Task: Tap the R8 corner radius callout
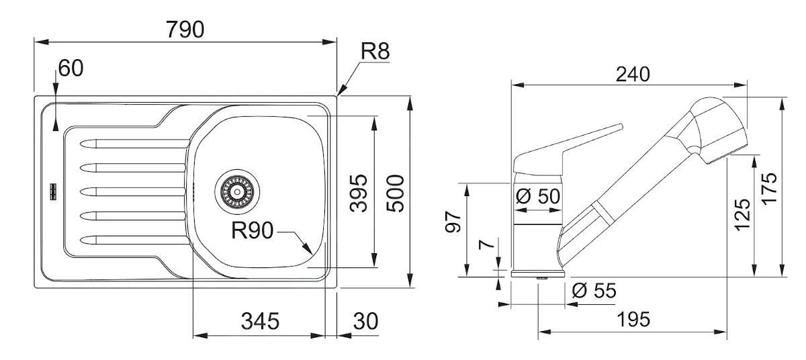tap(375, 52)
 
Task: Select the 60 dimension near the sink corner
tap(71, 68)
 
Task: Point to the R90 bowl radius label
tap(252, 231)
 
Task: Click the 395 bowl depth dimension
tap(359, 193)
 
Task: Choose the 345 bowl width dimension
tap(259, 321)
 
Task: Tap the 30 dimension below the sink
tap(365, 321)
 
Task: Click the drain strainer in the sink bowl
tap(236, 191)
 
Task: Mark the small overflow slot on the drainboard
tap(52, 192)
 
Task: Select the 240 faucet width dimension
tap(633, 74)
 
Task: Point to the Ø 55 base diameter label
tap(594, 291)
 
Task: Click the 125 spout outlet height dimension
tap(743, 214)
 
